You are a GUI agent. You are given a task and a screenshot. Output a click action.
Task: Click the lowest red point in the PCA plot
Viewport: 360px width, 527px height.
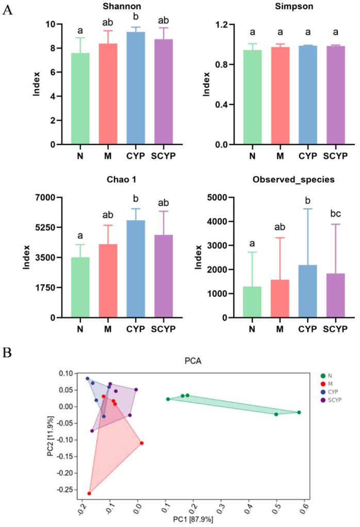89,493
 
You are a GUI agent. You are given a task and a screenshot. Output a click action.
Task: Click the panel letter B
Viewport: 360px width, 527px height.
6,352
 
